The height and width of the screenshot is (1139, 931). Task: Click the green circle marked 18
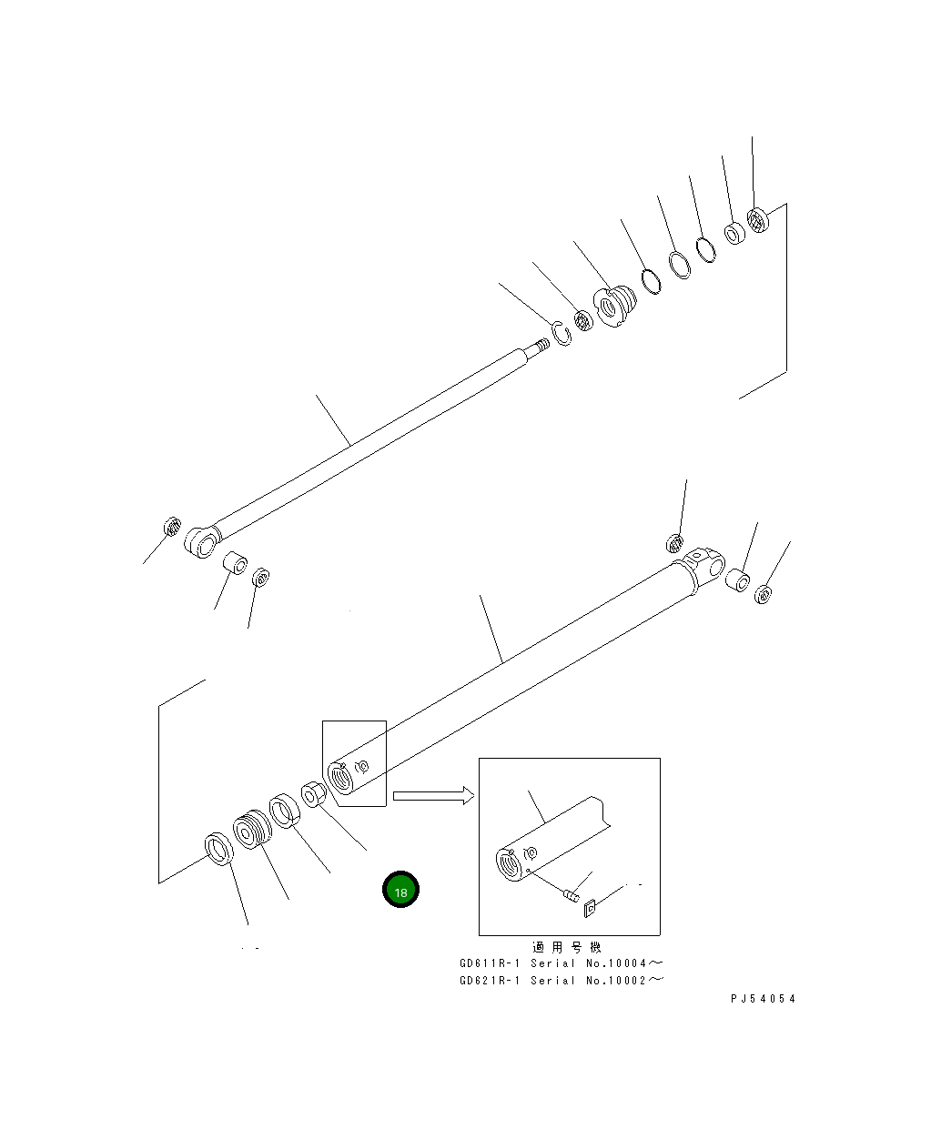click(x=400, y=891)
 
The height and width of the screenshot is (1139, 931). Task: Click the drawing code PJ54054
click(x=763, y=998)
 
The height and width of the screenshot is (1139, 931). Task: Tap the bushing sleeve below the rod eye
click(x=236, y=563)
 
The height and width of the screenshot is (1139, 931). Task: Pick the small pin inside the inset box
click(x=571, y=896)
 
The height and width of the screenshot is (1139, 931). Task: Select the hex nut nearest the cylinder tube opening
click(x=311, y=793)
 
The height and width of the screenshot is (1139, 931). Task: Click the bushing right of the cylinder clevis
click(x=738, y=580)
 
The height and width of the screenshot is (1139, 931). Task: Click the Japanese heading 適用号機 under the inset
click(x=566, y=946)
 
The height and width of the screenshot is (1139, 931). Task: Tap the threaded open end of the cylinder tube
click(x=340, y=780)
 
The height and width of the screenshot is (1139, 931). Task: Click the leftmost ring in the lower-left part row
click(x=218, y=848)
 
